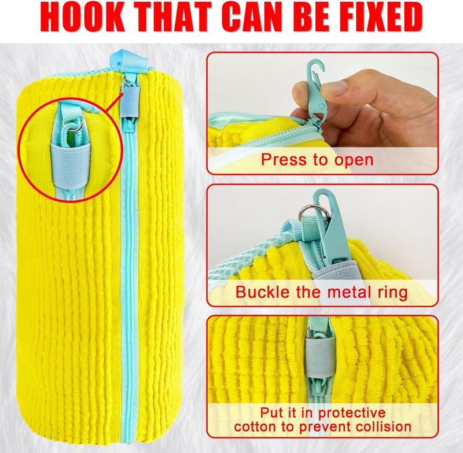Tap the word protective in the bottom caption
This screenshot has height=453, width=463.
(352, 414)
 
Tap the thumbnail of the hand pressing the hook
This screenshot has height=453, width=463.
(322, 113)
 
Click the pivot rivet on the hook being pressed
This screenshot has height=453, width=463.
(322, 105)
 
